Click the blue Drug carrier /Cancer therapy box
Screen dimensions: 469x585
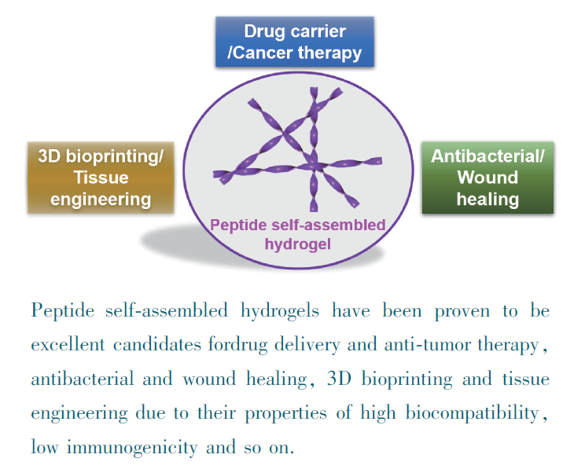294,42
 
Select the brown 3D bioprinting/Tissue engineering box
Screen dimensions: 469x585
101,177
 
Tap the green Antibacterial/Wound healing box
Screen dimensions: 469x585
487,177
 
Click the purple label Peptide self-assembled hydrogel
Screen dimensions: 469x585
297,234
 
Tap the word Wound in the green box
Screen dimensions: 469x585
487,177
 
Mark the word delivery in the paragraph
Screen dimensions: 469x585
323,344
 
